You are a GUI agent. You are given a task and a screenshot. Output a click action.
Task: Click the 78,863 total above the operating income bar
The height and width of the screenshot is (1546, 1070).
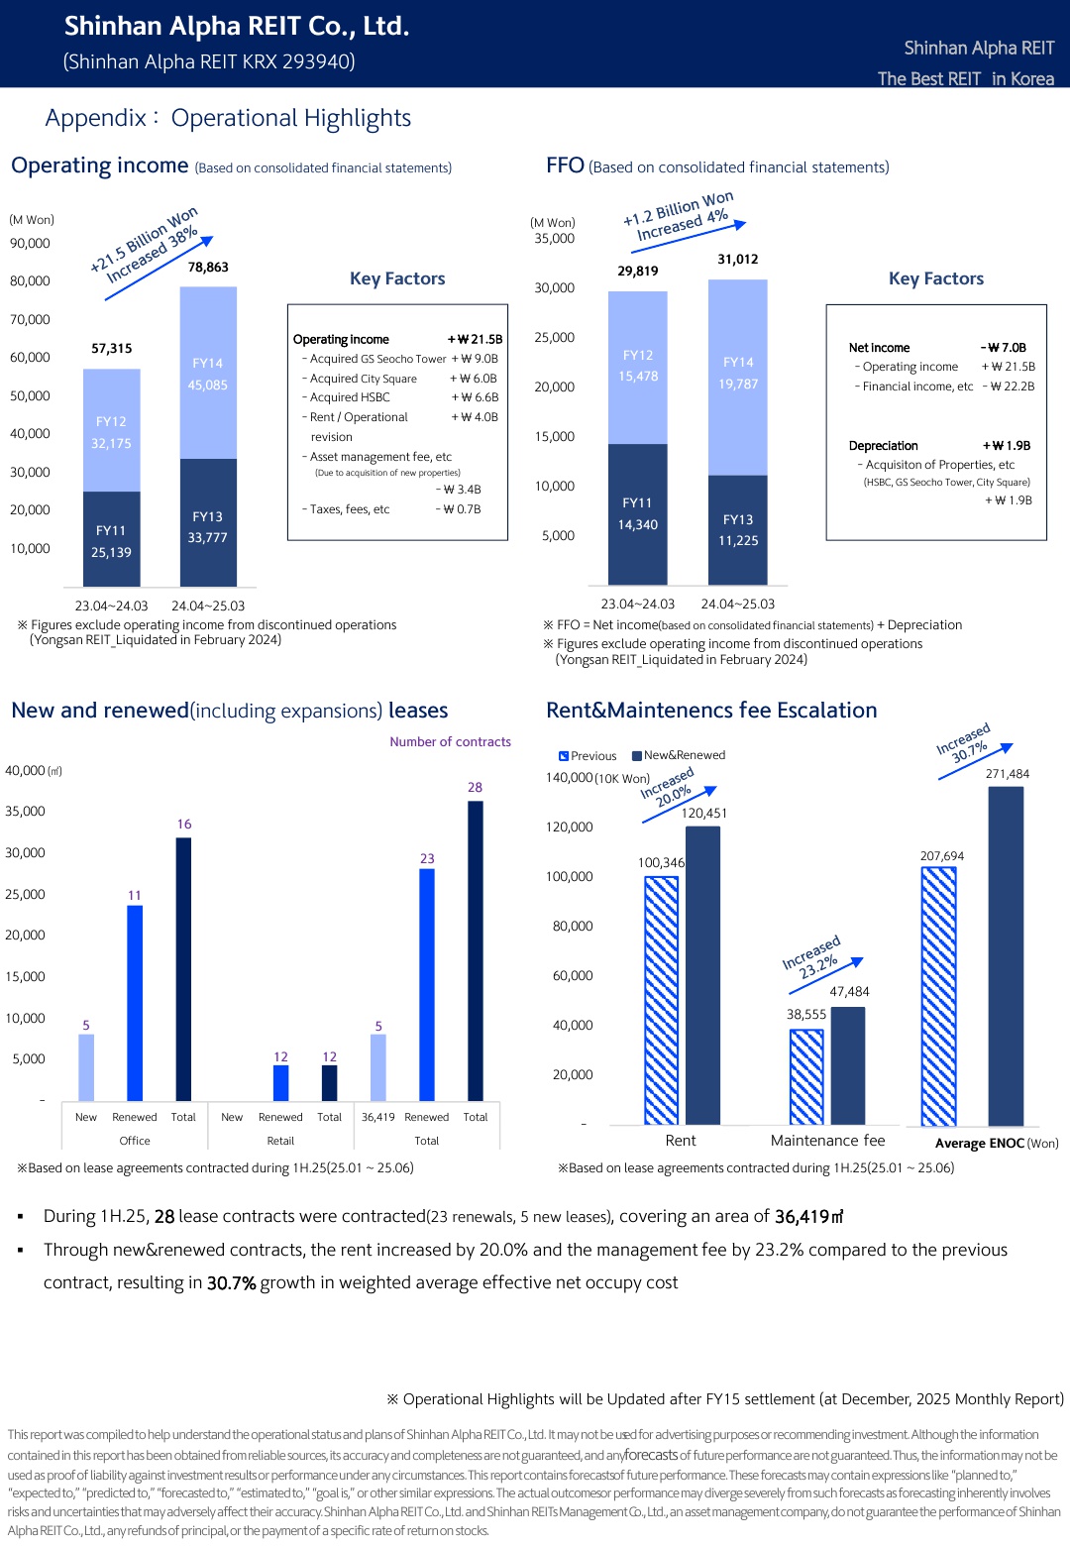tap(208, 268)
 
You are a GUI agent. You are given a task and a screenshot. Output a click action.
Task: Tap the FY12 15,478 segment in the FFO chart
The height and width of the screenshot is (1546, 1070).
tap(638, 367)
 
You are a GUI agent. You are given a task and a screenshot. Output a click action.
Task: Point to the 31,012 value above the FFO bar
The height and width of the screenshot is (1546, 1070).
tap(738, 260)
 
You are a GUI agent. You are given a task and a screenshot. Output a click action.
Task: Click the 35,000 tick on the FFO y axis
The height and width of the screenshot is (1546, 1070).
tap(555, 239)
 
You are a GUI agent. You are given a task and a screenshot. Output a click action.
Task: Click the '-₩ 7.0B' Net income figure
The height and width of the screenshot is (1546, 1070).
tap(1004, 348)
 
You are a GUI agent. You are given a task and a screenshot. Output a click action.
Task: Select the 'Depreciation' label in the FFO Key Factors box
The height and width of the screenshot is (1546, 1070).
tap(883, 446)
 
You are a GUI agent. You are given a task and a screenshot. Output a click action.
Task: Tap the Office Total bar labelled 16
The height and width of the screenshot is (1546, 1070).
tap(183, 968)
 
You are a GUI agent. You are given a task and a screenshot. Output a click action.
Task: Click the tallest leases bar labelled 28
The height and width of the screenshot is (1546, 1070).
tap(476, 950)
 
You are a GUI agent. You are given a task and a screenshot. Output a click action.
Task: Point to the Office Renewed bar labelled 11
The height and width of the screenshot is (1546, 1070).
tap(135, 1002)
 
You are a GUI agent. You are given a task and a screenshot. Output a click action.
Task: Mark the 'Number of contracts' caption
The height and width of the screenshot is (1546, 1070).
tap(450, 742)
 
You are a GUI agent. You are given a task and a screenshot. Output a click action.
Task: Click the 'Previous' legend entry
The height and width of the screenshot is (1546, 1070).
tap(588, 756)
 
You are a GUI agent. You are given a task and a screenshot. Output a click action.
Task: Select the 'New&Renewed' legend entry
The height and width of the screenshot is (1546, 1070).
tap(679, 755)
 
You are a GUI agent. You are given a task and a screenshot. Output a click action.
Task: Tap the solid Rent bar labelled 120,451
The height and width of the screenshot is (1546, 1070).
tap(703, 975)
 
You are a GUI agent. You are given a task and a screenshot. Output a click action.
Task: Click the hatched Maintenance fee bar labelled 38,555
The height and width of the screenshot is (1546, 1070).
tap(806, 1076)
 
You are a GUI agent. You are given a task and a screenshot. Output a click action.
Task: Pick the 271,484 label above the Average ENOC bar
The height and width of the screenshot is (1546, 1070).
tap(1007, 774)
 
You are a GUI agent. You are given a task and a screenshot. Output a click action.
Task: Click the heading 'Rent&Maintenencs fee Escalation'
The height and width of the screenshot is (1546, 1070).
tap(711, 711)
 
